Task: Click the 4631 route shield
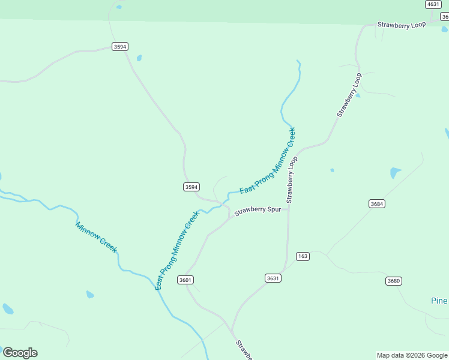coord(433,4)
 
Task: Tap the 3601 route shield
coord(185,280)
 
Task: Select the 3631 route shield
coord(273,278)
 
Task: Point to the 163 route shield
coord(303,256)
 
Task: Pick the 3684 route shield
coord(377,204)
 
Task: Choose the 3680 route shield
coord(394,281)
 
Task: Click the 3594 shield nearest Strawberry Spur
coord(191,187)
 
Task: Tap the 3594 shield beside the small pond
coord(120,46)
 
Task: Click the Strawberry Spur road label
coord(258,211)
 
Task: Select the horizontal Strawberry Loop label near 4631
coord(401,25)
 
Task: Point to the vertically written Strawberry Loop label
coord(292,179)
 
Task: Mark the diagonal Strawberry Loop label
coord(349,95)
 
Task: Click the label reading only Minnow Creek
coord(96,237)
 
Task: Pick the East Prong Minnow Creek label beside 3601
coord(176,251)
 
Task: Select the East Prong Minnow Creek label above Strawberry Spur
coord(268,161)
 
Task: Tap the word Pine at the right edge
coord(439,301)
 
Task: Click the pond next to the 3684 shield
coord(395,173)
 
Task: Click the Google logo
coord(20,353)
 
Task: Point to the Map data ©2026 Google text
coord(412,355)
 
